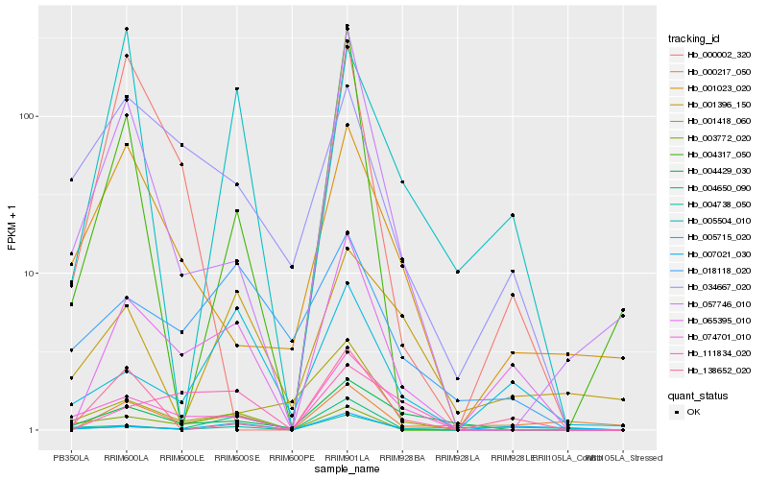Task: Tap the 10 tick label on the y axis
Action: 28,274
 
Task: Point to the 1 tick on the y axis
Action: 31,430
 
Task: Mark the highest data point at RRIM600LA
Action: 126,29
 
